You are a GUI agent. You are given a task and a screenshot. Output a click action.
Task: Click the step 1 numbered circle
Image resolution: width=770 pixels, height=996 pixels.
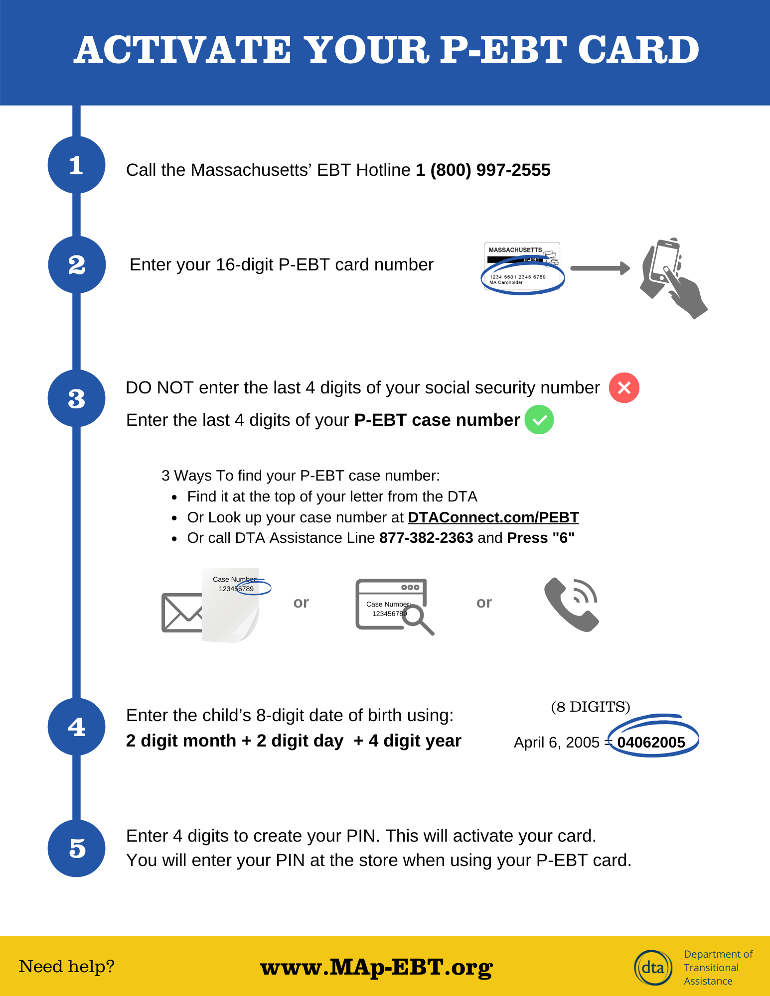[76, 165]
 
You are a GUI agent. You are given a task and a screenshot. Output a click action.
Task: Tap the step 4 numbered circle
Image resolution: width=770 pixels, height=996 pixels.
[76, 727]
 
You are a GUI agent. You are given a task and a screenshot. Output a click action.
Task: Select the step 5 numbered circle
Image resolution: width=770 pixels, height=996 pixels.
[76, 848]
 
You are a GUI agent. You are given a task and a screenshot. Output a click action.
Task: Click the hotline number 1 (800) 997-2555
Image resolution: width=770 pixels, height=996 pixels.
[483, 170]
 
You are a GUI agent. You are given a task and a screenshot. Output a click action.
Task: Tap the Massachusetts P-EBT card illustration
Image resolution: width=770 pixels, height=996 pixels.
[522, 267]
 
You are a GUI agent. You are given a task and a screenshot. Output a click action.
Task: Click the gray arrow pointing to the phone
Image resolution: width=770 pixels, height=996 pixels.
[600, 268]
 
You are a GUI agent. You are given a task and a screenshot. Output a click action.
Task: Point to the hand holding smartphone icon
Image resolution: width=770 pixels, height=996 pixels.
[671, 276]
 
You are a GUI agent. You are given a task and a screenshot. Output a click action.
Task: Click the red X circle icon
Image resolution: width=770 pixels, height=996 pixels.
[624, 387]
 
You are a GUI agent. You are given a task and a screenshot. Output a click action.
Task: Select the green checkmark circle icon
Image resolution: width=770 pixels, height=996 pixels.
[539, 420]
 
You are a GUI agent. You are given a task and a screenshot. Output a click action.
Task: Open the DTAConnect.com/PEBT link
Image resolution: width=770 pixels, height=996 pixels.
[493, 517]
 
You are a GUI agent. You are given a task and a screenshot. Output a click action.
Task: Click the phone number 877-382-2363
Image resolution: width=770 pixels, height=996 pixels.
[426, 538]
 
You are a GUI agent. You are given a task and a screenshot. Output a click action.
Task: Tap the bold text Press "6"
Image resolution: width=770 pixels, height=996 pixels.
[541, 538]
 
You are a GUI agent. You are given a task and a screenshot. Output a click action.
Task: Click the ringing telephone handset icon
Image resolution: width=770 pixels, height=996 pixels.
[571, 605]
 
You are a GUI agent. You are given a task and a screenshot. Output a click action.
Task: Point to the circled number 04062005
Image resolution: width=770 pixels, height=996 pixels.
[651, 742]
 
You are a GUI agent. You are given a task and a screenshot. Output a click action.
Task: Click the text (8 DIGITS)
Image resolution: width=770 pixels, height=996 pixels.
[590, 707]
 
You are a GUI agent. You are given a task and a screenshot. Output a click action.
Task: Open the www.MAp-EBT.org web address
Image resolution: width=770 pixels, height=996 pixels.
[376, 967]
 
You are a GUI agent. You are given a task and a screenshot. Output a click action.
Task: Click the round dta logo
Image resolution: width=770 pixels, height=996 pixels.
[653, 967]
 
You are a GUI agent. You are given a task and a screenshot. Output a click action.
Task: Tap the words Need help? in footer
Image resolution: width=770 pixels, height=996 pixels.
[67, 966]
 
